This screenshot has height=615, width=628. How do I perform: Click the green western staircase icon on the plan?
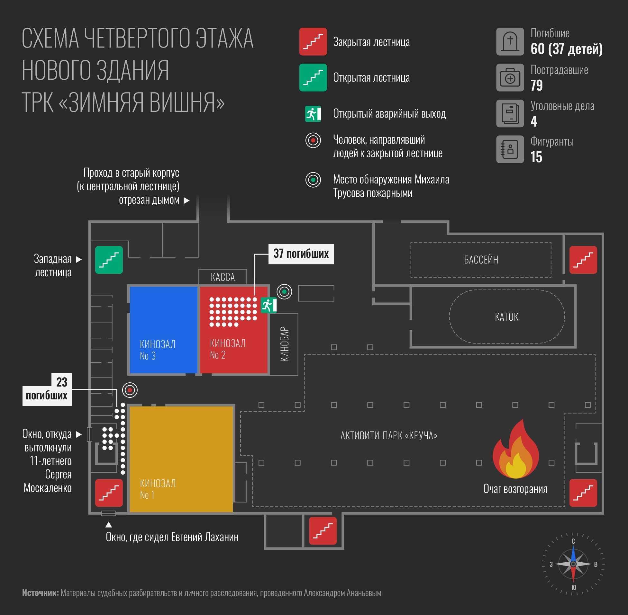pyautogui.click(x=109, y=260)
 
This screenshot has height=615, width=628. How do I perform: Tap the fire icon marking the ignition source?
pyautogui.click(x=515, y=449)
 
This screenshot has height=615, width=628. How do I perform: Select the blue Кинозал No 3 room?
pyautogui.click(x=164, y=330)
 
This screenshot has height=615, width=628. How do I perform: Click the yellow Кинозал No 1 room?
pyautogui.click(x=181, y=459)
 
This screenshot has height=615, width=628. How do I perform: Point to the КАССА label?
pyautogui.click(x=223, y=277)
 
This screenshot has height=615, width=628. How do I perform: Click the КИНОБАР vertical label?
pyautogui.click(x=284, y=344)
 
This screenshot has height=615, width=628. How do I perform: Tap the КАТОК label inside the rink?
pyautogui.click(x=506, y=317)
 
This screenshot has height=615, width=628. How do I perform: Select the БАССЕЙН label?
pyautogui.click(x=481, y=260)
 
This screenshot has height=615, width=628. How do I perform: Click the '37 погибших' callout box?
pyautogui.click(x=301, y=254)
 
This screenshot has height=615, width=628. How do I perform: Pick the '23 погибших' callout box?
pyautogui.click(x=47, y=389)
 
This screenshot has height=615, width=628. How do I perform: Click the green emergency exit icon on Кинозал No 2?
pyautogui.click(x=268, y=305)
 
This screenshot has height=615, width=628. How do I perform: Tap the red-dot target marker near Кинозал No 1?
pyautogui.click(x=130, y=390)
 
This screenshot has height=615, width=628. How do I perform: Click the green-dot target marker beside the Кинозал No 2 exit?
pyautogui.click(x=285, y=292)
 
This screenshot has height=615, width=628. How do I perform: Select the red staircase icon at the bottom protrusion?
pyautogui.click(x=323, y=531)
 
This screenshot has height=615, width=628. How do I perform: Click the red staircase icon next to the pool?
pyautogui.click(x=583, y=260)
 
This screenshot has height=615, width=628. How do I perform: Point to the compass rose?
pyautogui.click(x=573, y=564)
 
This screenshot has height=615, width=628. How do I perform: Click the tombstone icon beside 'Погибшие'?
pyautogui.click(x=510, y=42)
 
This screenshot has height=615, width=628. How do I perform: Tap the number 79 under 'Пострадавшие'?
pyautogui.click(x=537, y=85)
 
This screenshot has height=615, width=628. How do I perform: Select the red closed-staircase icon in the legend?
pyautogui.click(x=313, y=42)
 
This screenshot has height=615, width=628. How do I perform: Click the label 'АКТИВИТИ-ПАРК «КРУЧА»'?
pyautogui.click(x=389, y=436)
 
